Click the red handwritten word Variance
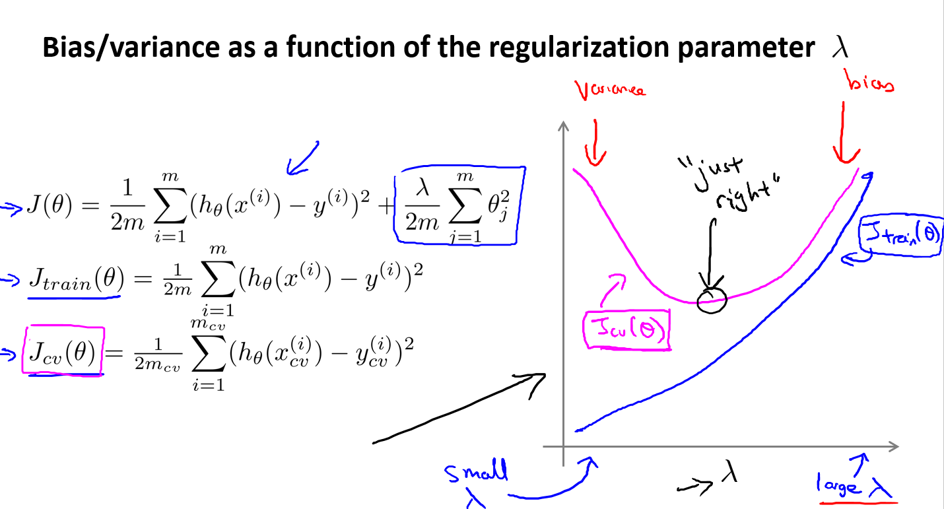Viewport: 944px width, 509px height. pos(609,90)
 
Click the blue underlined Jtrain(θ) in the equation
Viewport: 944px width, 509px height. pos(74,281)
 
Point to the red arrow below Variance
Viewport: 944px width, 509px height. pos(595,142)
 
